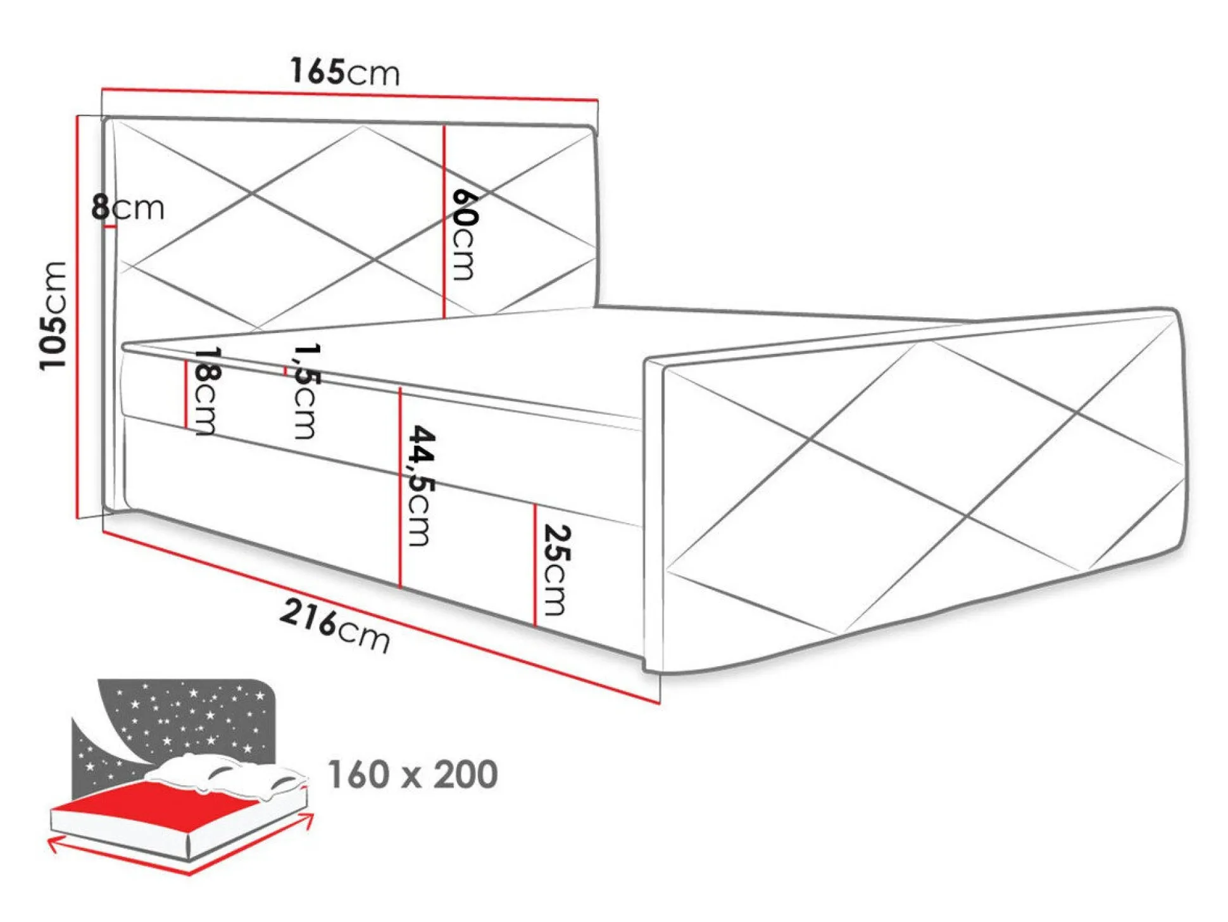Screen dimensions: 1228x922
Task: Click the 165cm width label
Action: coord(345,71)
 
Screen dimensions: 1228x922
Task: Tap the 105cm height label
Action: coord(53,315)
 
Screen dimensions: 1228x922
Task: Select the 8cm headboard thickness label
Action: coord(127,207)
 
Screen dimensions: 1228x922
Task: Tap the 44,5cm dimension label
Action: coord(421,486)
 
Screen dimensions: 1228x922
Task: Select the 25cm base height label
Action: coord(556,570)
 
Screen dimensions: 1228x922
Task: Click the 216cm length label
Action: coord(334,626)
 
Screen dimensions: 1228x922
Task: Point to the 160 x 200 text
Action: coord(413,774)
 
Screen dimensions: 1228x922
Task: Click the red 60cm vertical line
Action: coord(444,221)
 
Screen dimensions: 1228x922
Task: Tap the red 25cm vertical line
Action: coord(535,565)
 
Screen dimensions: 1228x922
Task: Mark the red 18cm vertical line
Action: coord(185,394)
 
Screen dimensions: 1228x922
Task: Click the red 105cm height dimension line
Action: coord(77,317)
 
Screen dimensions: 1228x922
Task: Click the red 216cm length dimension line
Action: coord(381,617)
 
